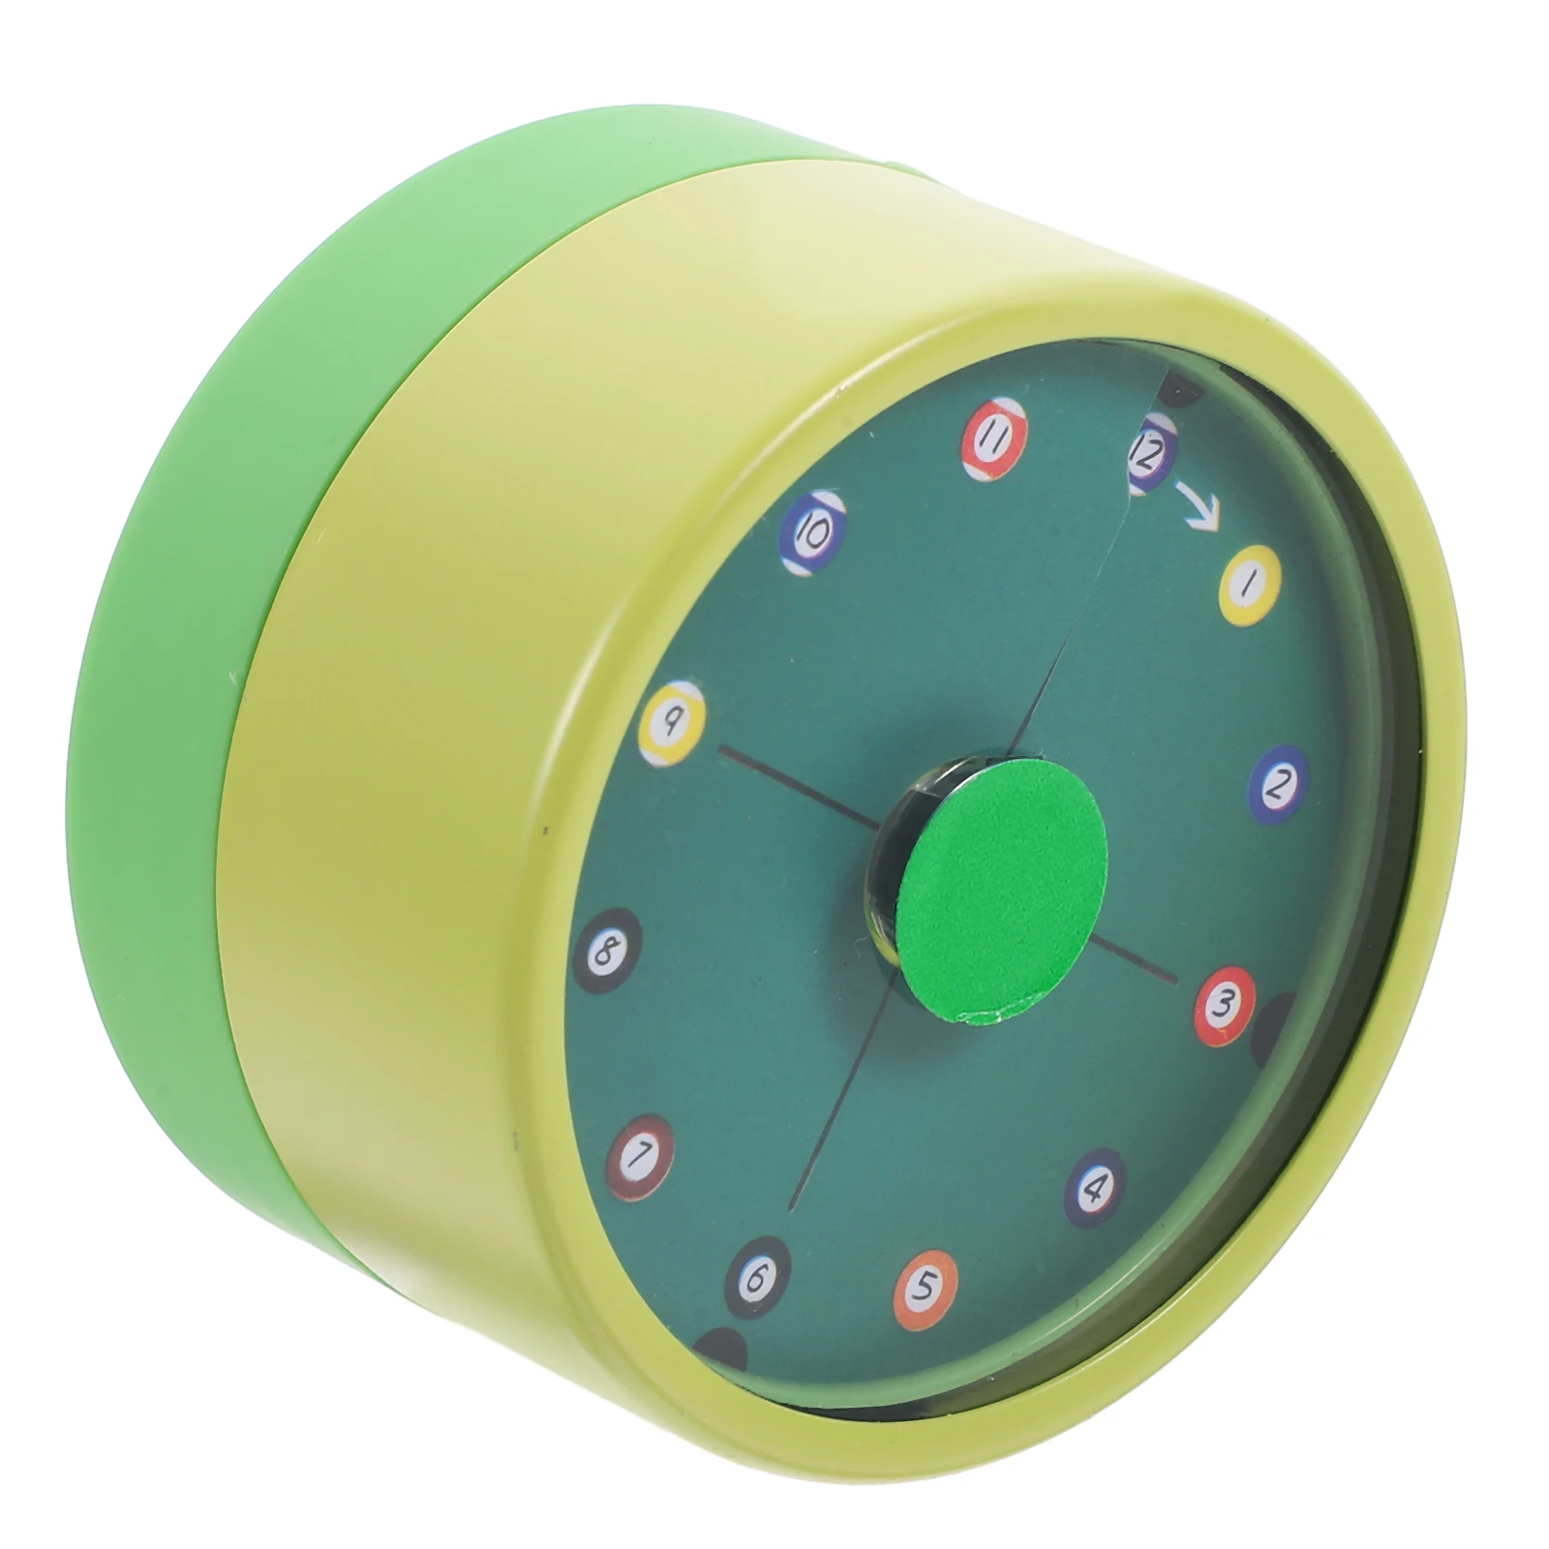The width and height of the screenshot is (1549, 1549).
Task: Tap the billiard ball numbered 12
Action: coord(1149,454)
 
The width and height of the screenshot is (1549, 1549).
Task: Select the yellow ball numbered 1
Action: coord(1249,583)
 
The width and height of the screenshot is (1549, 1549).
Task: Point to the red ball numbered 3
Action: coord(1225,1005)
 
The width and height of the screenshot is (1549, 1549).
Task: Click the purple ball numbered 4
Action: coord(1095,1186)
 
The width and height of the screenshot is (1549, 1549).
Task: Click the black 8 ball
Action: coord(607,953)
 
